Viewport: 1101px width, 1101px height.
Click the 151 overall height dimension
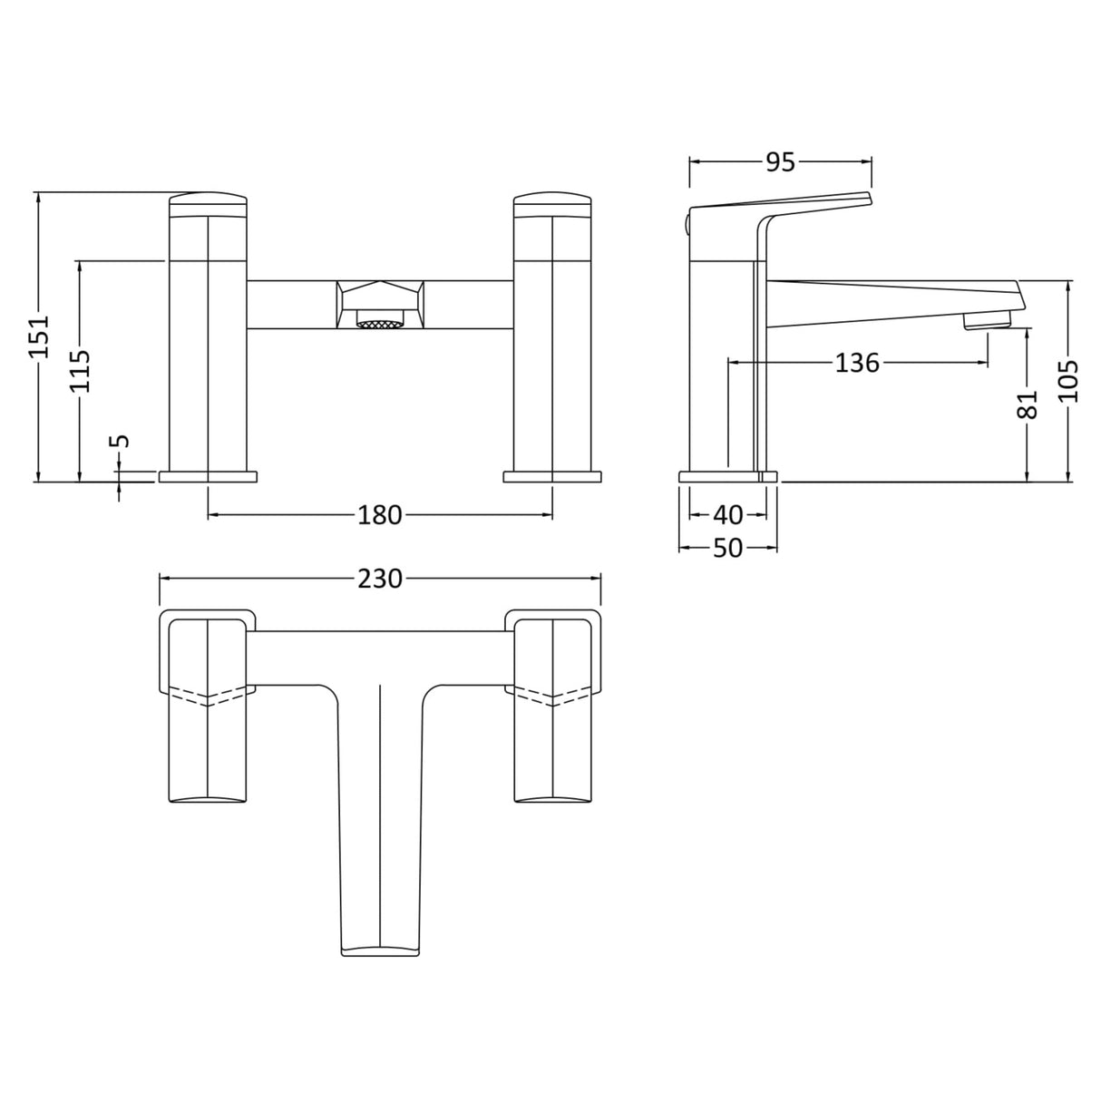click(39, 336)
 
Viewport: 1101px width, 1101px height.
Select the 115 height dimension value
click(81, 370)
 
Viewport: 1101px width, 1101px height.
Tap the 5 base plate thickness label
click(120, 442)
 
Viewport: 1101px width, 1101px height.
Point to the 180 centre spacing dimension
click(379, 515)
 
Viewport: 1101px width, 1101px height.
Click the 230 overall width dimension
click(379, 579)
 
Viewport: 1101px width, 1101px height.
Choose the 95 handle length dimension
click(780, 162)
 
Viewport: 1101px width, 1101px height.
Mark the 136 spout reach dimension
click(856, 363)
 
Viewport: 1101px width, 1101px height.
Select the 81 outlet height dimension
click(1028, 404)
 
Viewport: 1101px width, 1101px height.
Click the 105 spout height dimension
click(1069, 381)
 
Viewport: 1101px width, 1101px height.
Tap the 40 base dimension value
click(727, 515)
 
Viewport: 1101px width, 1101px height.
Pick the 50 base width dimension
click(727, 548)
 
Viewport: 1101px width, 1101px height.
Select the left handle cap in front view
click(209, 203)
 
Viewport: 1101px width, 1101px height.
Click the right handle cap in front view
click(552, 203)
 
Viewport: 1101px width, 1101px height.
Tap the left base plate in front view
click(209, 476)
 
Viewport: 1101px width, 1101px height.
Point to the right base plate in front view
click(552, 476)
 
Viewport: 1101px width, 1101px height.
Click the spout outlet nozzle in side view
click(987, 320)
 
